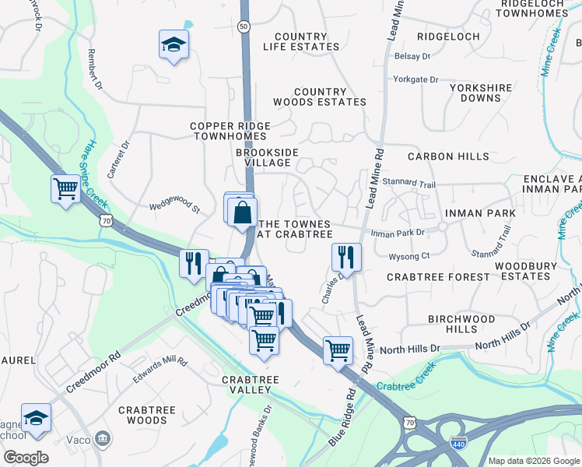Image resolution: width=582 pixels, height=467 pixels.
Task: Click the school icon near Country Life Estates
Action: [174, 44]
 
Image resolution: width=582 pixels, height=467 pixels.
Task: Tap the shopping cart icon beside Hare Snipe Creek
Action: [66, 188]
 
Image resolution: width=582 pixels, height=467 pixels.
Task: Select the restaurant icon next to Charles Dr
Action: [346, 257]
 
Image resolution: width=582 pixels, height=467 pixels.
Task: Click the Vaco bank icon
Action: [102, 441]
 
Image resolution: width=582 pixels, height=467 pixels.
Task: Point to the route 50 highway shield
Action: [244, 26]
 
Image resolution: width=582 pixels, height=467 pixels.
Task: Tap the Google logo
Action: [25, 458]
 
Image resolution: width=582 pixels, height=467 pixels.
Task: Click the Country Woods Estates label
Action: [320, 97]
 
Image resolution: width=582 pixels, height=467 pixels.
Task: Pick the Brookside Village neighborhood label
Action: [263, 158]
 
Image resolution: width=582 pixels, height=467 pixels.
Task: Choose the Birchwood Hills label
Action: [461, 324]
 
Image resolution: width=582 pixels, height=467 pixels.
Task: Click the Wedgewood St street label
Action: [175, 209]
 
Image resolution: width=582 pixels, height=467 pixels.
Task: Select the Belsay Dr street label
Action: [412, 57]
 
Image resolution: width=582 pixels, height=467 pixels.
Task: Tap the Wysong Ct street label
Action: [409, 255]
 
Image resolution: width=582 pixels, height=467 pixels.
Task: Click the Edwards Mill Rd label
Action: [160, 362]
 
